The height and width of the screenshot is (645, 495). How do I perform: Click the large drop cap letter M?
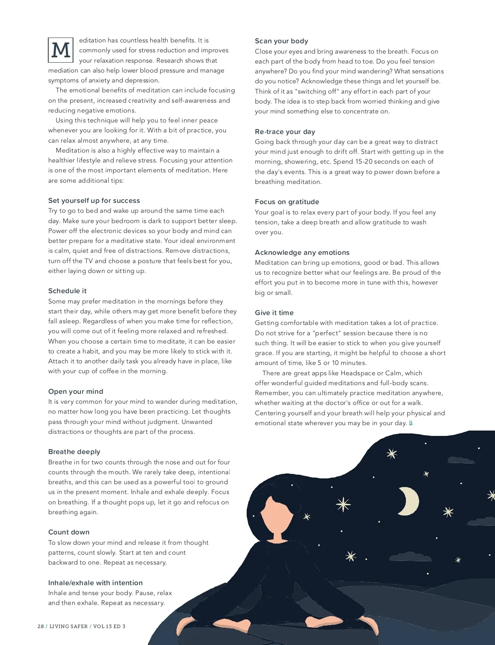61,50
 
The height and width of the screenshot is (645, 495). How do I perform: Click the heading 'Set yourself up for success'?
94,201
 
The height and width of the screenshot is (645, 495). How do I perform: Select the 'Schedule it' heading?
67,291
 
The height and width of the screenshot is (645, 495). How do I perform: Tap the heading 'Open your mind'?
75,392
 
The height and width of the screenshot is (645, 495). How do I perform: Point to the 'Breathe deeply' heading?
74,452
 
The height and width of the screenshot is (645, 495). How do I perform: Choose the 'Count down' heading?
69,532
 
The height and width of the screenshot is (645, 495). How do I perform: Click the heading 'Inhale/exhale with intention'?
95,583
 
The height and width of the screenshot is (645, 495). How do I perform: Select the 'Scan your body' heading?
281,41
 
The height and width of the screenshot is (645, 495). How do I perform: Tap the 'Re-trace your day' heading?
285,132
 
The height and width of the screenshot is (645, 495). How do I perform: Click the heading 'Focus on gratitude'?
287,202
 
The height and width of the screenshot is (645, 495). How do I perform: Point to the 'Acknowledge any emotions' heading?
302,253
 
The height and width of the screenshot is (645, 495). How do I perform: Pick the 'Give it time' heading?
274,313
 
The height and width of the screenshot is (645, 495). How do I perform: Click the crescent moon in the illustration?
408,501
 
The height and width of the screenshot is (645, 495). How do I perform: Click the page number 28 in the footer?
40,626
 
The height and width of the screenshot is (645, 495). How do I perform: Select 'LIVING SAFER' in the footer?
68,626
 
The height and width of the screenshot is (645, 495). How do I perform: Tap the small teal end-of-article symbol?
411,423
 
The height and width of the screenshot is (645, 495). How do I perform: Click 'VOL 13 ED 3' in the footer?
109,626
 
